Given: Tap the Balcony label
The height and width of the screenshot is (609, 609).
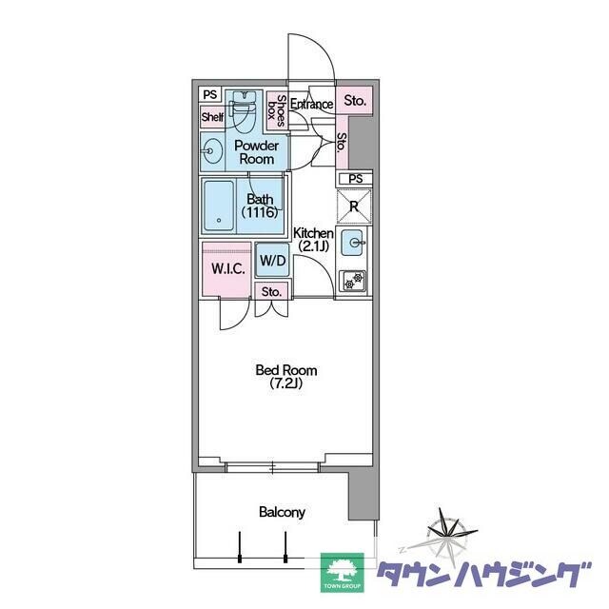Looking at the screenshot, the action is (282, 512).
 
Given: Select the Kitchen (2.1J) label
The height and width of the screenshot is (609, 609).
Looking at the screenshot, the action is (313, 239).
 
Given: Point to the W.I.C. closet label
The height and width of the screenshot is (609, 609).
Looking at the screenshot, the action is (228, 268).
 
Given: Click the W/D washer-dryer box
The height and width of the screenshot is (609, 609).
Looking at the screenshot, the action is (273, 260).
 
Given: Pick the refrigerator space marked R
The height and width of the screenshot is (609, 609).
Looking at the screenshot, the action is (354, 206).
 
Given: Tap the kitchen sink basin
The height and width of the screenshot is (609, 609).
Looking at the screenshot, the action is (352, 243).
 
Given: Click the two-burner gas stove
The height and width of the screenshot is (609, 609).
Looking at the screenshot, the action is (353, 281).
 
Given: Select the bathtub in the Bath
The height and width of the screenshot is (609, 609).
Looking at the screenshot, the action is (219, 206).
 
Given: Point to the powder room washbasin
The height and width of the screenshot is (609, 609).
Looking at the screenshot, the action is (211, 151).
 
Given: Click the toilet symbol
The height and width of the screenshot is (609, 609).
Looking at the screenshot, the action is (243, 111).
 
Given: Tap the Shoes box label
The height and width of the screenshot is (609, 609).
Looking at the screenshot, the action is (276, 111).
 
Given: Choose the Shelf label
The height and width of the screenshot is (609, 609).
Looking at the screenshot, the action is (212, 116).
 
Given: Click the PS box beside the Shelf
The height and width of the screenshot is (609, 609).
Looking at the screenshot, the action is (209, 94).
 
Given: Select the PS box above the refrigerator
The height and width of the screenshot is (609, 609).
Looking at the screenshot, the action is (355, 179).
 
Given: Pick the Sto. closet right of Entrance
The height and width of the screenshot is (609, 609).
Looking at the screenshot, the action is (354, 101).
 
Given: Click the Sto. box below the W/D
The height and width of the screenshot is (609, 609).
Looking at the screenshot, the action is (271, 291).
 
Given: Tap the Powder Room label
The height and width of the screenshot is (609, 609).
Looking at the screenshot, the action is (256, 152).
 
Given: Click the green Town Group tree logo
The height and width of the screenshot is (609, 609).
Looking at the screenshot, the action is (342, 573).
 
